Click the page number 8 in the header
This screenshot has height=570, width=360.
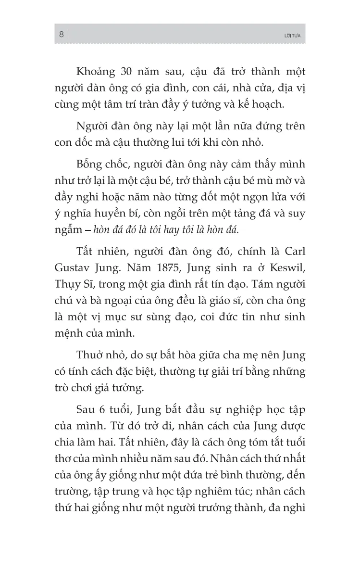point(62,34)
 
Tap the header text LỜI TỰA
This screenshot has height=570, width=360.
point(292,35)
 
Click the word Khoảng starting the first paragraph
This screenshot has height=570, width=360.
point(95,72)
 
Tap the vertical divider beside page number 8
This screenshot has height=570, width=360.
point(70,34)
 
